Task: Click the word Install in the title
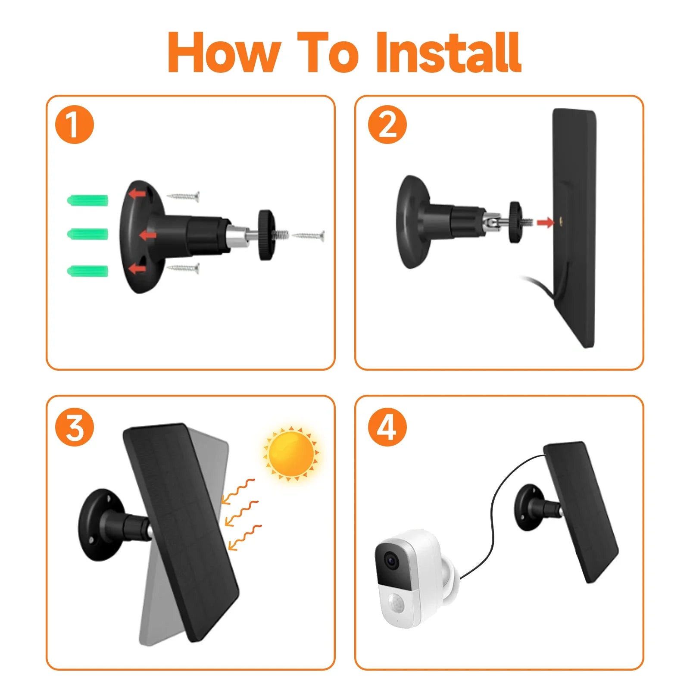point(449,53)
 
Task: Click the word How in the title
point(224,53)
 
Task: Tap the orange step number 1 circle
point(75,125)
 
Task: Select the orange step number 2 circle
point(387,125)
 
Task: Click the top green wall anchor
point(88,200)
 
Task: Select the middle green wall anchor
point(88,234)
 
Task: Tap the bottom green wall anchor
point(88,271)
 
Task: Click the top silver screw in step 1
point(184,197)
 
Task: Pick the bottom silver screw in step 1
point(184,269)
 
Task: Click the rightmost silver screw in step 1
point(309,236)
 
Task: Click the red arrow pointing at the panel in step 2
point(545,222)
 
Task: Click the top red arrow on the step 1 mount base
point(138,194)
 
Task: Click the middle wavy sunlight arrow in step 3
point(242,513)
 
